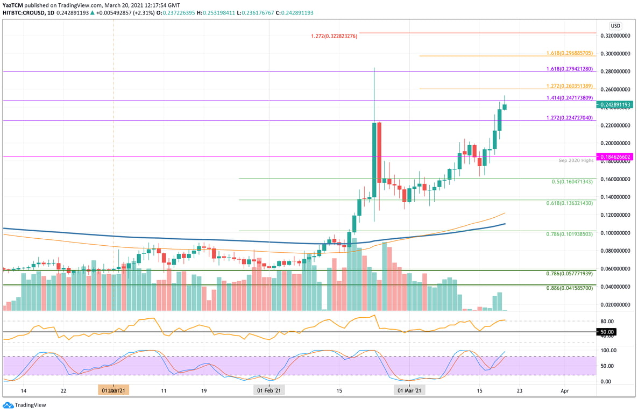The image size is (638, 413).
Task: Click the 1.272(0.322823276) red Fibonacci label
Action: click(334, 36)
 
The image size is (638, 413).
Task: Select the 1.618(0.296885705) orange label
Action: click(569, 54)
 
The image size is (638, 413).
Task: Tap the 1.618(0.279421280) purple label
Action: click(569, 69)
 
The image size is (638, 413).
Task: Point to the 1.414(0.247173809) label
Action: click(569, 98)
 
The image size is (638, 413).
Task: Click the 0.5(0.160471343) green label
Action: click(572, 182)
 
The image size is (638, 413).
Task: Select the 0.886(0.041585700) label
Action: click(569, 288)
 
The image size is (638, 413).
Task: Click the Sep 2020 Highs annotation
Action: click(577, 161)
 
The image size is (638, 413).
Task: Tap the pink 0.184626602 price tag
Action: click(615, 157)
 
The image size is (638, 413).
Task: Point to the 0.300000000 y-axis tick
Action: click(615, 54)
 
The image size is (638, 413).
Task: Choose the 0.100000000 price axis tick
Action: click(615, 233)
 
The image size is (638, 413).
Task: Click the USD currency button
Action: click(615, 25)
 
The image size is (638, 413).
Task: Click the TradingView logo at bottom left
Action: click(25, 405)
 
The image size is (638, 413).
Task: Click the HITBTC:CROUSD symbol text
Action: click(24, 12)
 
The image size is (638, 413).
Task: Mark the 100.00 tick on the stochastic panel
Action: click(609, 350)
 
